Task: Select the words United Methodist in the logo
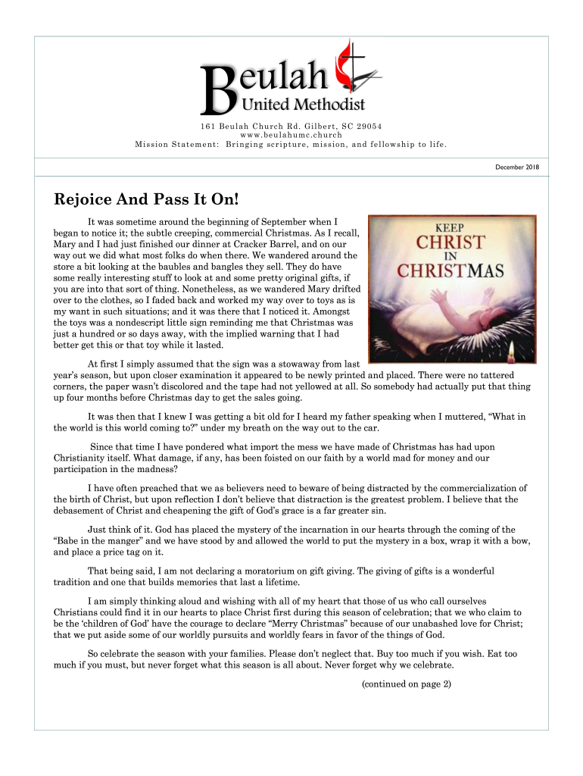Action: [x=303, y=104]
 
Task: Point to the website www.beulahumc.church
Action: [x=291, y=134]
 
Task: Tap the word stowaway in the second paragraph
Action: [x=276, y=364]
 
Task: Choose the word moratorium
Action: [x=289, y=572]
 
